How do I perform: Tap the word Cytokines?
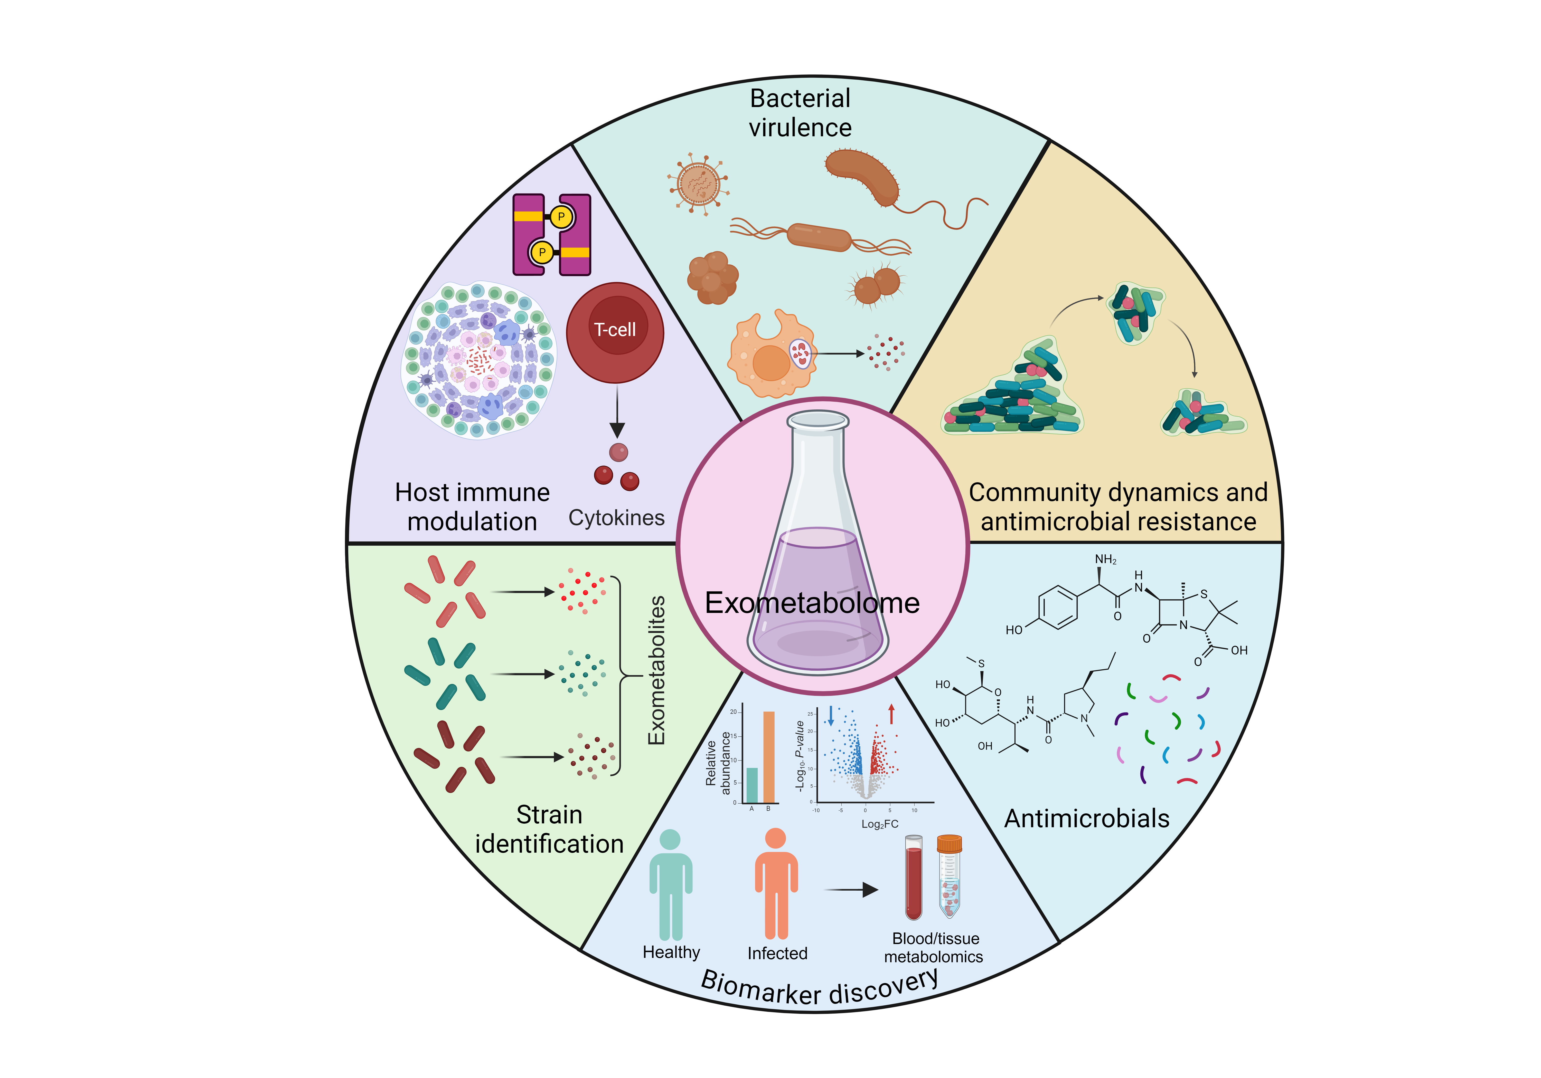616,518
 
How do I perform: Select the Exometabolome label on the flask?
812,602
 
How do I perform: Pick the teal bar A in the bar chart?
752,785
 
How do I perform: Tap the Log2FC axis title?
879,824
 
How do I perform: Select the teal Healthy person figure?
671,885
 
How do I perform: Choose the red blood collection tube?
914,879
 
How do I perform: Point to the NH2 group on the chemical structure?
1105,560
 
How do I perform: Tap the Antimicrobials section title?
1087,819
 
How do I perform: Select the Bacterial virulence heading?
800,113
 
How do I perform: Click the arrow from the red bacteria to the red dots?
522,592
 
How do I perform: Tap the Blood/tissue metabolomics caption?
934,947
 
